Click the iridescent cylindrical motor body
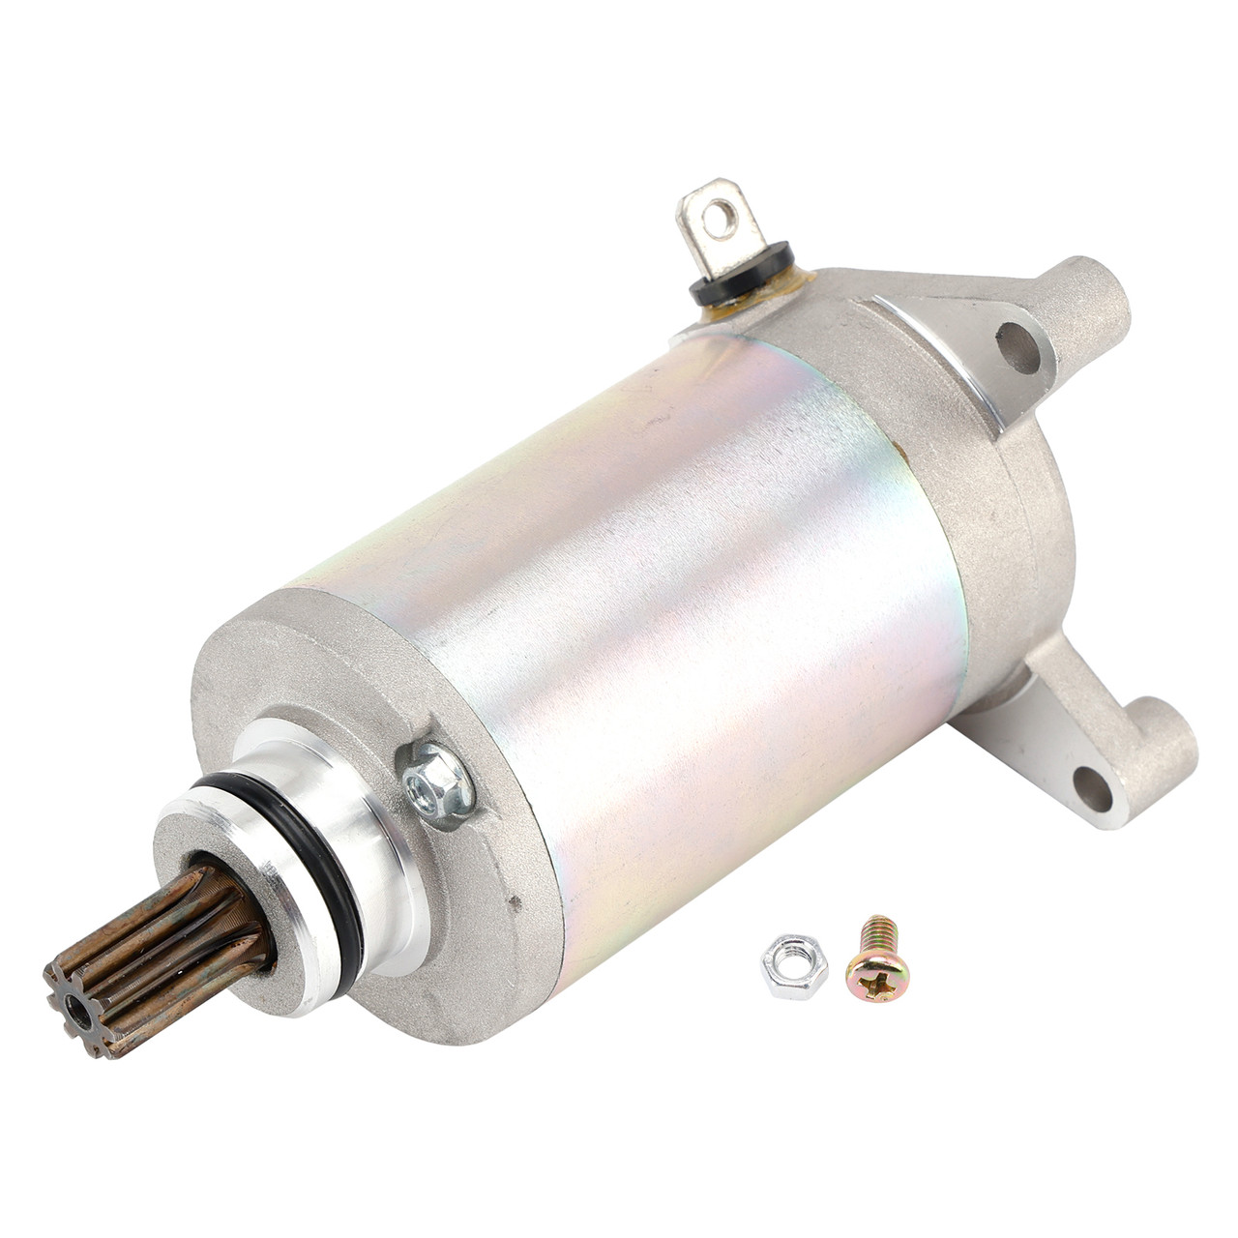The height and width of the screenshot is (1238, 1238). [658, 600]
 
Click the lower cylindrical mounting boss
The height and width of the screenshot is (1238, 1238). [1161, 745]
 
